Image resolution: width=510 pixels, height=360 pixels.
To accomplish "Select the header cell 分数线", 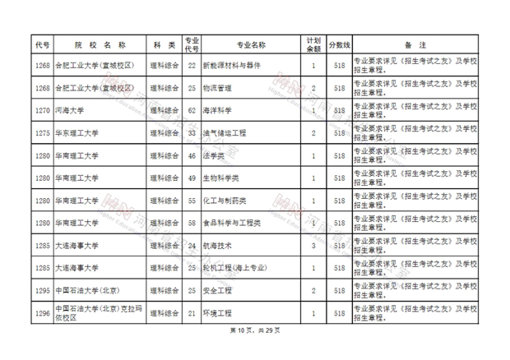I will pyautogui.click(x=339, y=44).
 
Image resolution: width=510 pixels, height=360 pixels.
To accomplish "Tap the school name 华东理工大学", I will pyautogui.click(x=76, y=132).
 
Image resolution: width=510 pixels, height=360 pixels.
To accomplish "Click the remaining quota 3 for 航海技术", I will pyautogui.click(x=313, y=245).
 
